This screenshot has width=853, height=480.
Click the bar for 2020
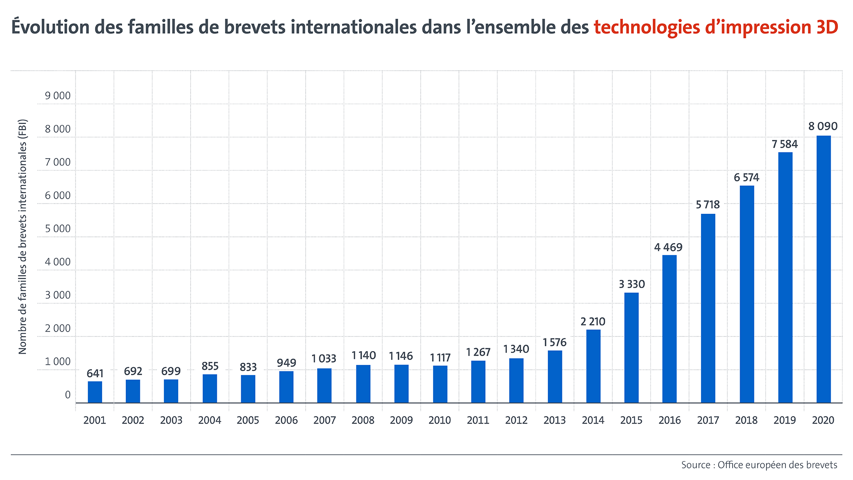823,269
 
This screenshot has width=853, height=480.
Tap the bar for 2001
95,392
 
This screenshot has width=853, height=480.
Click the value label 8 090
823,126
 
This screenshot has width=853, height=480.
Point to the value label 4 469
668,247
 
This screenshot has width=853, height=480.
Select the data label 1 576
554,342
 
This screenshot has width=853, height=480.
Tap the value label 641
95,373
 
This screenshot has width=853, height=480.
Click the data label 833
248,367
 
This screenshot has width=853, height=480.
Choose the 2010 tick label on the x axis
439,420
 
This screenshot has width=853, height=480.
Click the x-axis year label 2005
248,420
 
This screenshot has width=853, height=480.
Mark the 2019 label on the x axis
785,420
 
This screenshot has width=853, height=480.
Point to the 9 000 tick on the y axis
57,96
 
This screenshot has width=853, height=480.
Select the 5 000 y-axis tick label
57,228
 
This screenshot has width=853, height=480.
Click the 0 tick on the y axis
68,395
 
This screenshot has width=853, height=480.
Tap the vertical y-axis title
23,236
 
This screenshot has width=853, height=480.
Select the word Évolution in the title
50,27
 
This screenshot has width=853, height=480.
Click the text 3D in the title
827,27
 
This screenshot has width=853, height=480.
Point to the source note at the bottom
759,465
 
